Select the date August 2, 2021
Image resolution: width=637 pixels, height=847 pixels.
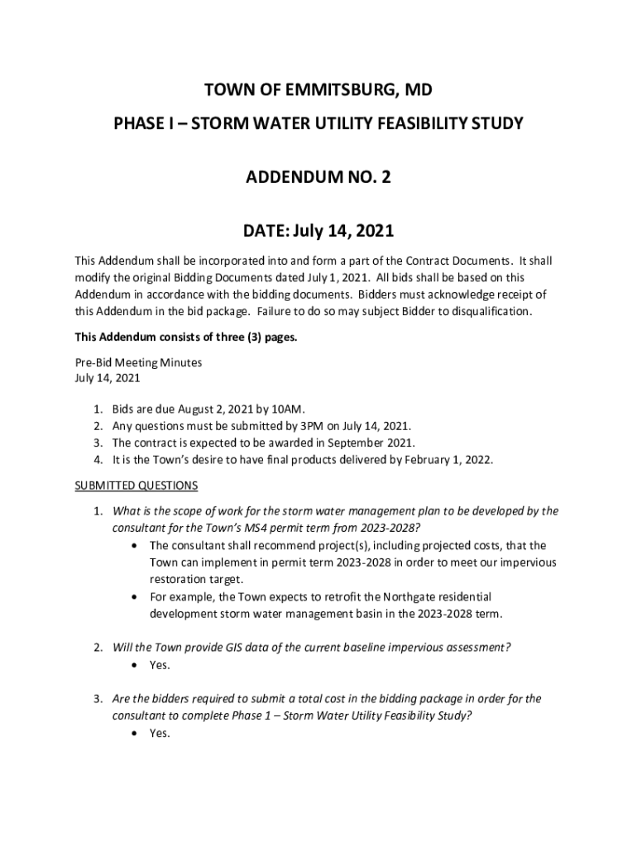coord(213,409)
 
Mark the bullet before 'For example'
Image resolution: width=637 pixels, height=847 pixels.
coord(135,596)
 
